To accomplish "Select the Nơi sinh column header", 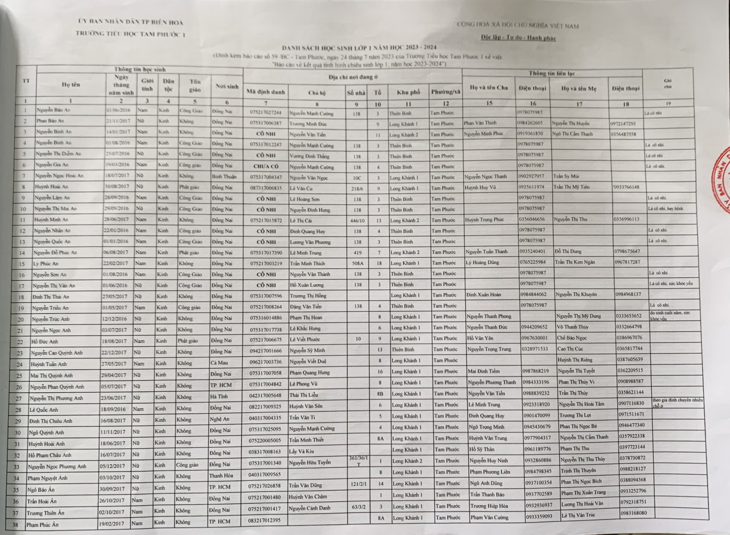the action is (x=227, y=86).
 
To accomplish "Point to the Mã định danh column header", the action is (x=265, y=92).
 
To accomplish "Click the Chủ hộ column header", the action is (x=316, y=92).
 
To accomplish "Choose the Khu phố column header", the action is (x=408, y=92).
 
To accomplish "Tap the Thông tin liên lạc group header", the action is (x=551, y=74).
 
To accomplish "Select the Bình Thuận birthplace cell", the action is (x=224, y=176).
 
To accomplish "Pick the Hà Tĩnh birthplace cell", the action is (x=219, y=397).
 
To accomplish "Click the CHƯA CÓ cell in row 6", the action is (x=266, y=166).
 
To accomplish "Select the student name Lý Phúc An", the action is (x=46, y=264).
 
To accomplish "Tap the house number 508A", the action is (x=358, y=263).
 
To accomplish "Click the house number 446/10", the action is (x=357, y=220).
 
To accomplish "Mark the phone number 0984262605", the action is (x=530, y=123).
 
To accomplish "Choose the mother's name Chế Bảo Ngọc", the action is (x=572, y=338).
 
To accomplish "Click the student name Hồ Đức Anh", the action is (x=45, y=342).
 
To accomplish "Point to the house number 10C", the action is (x=357, y=177).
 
